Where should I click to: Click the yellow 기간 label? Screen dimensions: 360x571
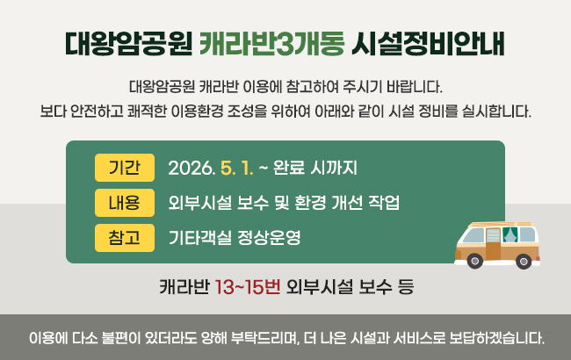point(124,167)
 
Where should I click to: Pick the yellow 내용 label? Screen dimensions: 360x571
point(124,203)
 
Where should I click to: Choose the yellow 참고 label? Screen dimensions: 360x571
point(124,237)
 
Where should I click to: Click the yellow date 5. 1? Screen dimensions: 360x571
point(241,167)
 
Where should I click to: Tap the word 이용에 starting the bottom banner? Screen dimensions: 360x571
point(45,337)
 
